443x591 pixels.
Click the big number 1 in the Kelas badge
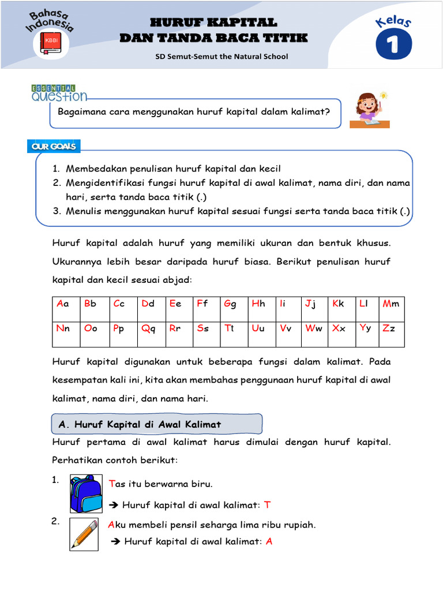[394, 46]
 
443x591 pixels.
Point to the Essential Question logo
[59, 92]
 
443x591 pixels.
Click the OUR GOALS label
[54, 147]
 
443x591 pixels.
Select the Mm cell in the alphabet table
[391, 304]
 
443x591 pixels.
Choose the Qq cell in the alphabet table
[149, 329]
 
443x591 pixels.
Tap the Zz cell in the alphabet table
[391, 329]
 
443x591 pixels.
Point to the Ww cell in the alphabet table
[314, 329]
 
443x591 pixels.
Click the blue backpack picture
[86, 493]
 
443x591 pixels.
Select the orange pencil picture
[84, 533]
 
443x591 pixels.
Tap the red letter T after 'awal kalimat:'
[267, 505]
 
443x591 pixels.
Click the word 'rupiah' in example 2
[301, 525]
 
